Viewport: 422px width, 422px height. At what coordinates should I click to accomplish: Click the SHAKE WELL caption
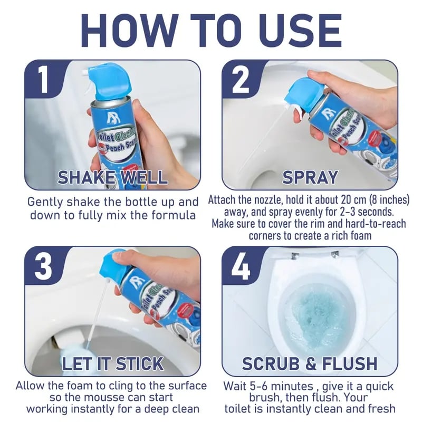point(112,177)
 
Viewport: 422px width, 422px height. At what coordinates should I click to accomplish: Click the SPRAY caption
point(310,177)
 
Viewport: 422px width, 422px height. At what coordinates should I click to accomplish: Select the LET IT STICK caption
point(113,363)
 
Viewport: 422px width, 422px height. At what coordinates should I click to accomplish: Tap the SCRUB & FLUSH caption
point(310,363)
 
